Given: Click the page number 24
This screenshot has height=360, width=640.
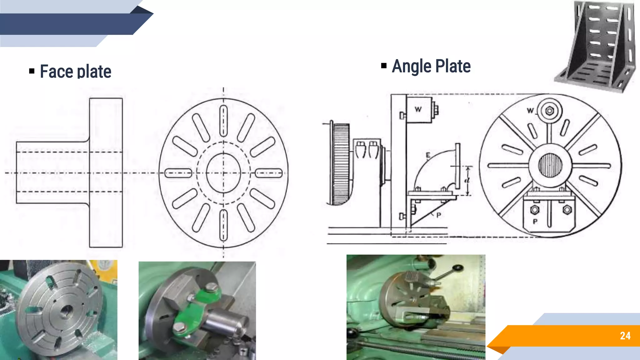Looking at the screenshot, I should coord(625,336).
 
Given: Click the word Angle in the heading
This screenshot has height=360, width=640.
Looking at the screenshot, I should coord(412,66).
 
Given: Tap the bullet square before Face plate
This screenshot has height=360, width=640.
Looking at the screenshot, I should coord(32,71).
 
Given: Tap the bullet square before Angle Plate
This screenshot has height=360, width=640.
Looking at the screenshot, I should coord(384,66).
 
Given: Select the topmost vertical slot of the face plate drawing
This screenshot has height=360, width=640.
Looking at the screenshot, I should coord(223,121).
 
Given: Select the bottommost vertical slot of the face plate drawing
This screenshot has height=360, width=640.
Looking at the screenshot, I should coord(223,225).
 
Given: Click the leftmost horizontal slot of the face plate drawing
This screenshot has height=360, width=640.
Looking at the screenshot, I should coord(178,173).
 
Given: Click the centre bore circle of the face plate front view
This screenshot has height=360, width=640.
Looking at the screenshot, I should coord(223,173).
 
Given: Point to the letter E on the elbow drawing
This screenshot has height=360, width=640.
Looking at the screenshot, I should coord(428,155).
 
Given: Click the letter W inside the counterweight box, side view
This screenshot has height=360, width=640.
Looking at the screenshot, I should coord(418,109).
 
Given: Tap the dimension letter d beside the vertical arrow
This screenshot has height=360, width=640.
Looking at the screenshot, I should coord(467,180).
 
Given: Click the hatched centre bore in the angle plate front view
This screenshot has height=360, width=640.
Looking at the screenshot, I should coord(550,165).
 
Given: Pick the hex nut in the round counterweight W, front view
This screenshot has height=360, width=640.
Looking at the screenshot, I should coord(550,111).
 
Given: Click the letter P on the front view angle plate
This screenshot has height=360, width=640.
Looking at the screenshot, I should coord(535,222).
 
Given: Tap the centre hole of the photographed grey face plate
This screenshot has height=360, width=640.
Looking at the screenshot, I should coord(66,311).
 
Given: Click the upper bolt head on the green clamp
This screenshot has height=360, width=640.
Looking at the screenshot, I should coord(212,287).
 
